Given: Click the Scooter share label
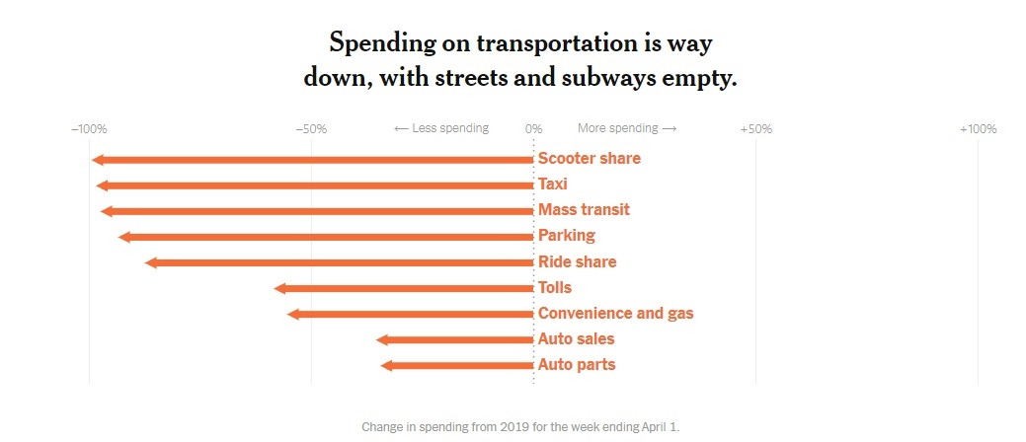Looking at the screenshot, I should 589,159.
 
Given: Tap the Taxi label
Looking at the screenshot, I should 553,184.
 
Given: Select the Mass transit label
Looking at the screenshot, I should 584,210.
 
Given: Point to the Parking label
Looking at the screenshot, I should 567,236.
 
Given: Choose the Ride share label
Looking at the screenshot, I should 577,262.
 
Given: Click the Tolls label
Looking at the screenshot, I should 555,288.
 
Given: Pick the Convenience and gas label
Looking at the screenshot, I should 615,314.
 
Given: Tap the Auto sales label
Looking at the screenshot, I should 576,339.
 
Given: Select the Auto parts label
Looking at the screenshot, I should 577,365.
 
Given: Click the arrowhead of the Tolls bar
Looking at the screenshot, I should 279,288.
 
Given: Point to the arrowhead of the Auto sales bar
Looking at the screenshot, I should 382,339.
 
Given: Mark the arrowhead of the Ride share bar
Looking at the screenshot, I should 151,262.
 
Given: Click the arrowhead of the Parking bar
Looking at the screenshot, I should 123,237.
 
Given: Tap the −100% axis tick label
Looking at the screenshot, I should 89,129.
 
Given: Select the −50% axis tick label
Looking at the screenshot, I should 311,129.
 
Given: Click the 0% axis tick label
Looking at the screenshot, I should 533,129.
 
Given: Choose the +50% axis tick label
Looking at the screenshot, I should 755,129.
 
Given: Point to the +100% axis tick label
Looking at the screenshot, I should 978,129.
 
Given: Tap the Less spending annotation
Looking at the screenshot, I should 441,129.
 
